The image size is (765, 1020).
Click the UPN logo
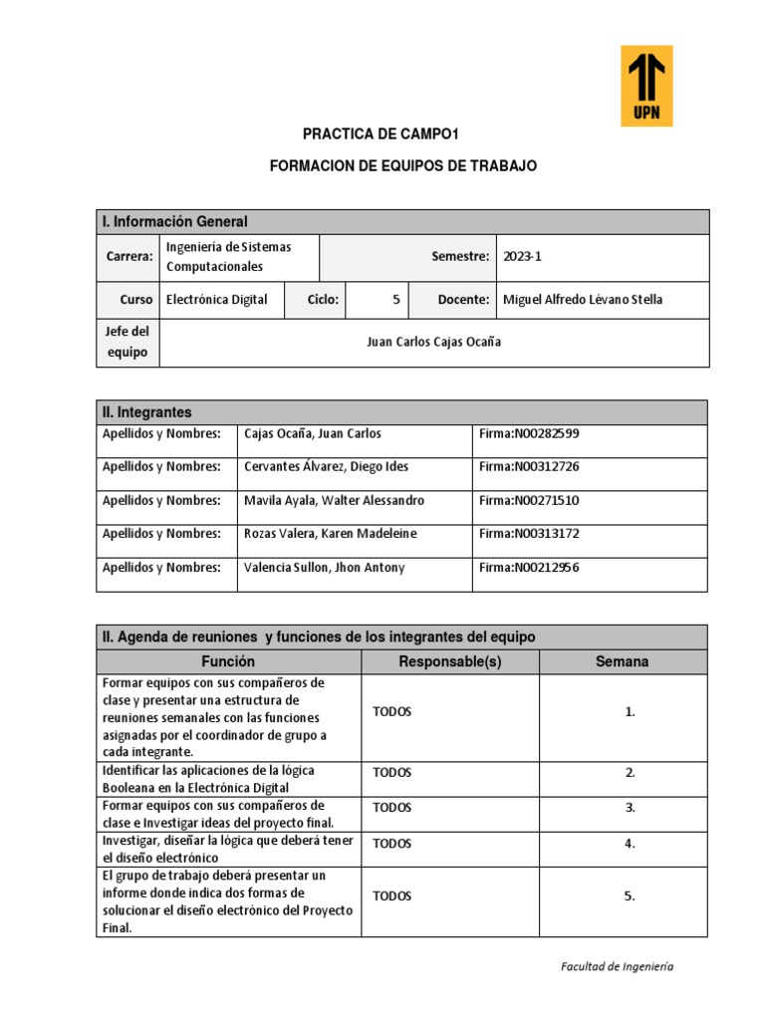646,86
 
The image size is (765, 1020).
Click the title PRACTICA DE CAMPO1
368,133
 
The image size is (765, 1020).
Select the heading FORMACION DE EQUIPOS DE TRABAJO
403,166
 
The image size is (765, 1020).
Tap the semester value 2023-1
522,257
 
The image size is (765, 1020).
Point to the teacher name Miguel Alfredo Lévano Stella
583,300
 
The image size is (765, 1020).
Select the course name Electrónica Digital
216,300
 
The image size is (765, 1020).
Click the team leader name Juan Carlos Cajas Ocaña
433,342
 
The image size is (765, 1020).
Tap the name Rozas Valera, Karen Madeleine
330,534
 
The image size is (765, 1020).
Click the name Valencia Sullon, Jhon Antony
324,568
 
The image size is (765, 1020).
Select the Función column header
228,662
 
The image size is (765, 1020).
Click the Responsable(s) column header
449,662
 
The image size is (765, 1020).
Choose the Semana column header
623,662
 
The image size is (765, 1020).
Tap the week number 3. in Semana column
630,808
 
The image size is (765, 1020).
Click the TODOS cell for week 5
391,896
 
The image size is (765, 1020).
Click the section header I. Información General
174,221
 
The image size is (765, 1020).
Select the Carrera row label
128,257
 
